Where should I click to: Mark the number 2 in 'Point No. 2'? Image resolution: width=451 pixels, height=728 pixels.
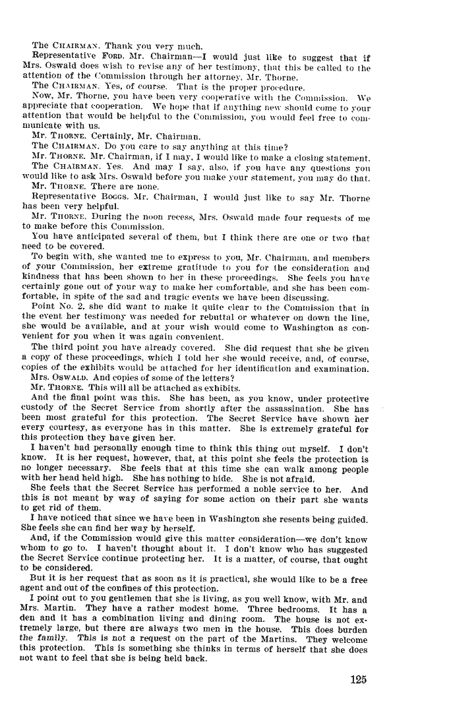click(80, 307)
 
